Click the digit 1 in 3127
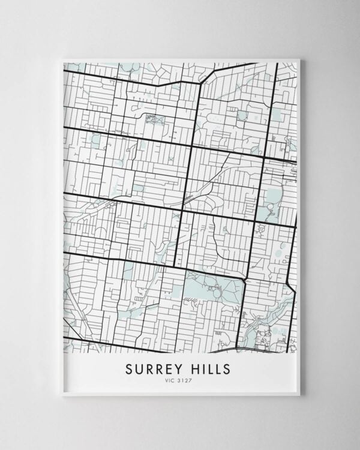[185, 379]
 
